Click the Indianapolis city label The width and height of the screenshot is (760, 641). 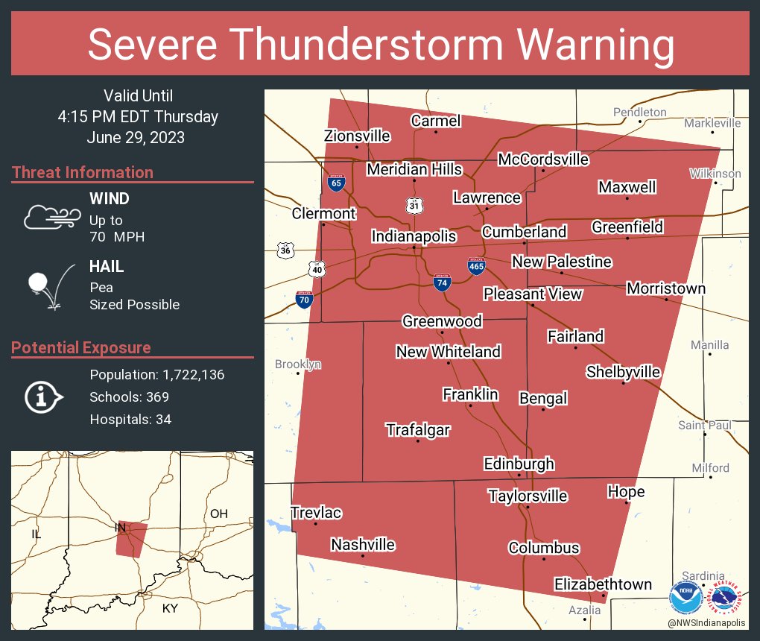[x=414, y=236]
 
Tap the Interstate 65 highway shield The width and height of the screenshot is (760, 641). [x=335, y=183]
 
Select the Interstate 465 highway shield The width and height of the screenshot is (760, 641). [x=477, y=266]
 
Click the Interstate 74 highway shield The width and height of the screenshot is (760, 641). [x=442, y=282]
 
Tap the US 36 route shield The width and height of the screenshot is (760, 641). [x=285, y=250]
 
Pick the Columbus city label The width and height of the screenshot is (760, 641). [x=543, y=548]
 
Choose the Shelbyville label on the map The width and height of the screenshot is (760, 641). [x=623, y=371]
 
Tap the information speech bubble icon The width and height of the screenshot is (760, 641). [x=44, y=397]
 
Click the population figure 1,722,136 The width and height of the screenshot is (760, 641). [x=186, y=375]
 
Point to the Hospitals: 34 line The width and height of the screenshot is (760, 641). [x=130, y=420]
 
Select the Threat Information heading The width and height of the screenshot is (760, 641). [x=83, y=173]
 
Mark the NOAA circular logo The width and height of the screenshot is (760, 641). [x=685, y=598]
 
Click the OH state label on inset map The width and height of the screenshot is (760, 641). [x=218, y=514]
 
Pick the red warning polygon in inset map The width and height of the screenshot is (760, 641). [x=130, y=539]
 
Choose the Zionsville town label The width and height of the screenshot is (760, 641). [x=357, y=136]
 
